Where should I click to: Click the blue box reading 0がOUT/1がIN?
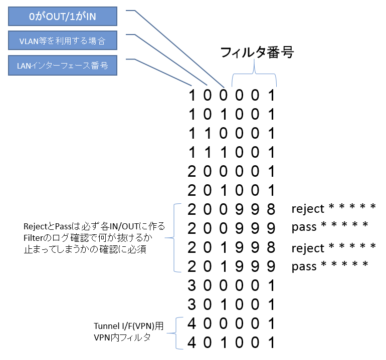tap(63, 16)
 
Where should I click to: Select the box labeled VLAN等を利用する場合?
tap(63, 41)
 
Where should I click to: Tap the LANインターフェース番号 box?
tap(63, 66)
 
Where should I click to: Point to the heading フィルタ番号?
tap(257, 53)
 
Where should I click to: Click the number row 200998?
tap(232, 209)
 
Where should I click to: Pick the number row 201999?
tap(232, 266)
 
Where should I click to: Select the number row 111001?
tap(232, 152)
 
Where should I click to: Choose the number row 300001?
tap(232, 285)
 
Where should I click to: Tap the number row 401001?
tap(232, 342)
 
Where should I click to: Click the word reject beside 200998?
tap(308, 209)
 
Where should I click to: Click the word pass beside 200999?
tap(304, 228)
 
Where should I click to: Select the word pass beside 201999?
tap(304, 267)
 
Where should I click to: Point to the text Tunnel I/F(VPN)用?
tap(128, 326)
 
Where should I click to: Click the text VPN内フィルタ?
tap(122, 337)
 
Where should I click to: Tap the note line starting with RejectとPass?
tap(94, 226)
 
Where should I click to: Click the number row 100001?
tap(232, 95)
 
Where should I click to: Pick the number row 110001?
tap(232, 133)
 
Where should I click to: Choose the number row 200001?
tap(232, 171)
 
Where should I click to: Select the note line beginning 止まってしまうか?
tap(85, 249)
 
